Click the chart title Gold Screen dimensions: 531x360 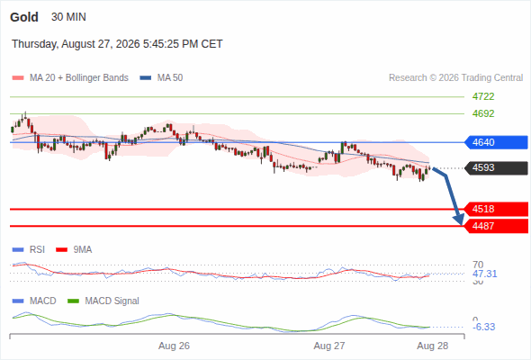tap(24, 17)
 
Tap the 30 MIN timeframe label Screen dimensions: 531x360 tap(68, 17)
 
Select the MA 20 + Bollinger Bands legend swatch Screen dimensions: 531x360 tap(18, 78)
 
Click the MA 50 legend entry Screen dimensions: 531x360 tap(161, 78)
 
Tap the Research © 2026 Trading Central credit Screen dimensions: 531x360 tap(455, 78)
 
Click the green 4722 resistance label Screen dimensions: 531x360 tap(483, 96)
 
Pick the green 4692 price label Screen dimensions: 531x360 tap(483, 113)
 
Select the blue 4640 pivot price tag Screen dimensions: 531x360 tap(496, 142)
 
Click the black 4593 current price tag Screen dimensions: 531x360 tap(496, 167)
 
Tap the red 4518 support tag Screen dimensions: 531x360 tap(496, 209)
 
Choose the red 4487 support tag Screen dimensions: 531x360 tap(496, 226)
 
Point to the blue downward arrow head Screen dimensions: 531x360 tap(459, 220)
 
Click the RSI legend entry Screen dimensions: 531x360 tap(29, 249)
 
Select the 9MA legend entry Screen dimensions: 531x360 tap(74, 249)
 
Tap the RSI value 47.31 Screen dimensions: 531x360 tap(484, 274)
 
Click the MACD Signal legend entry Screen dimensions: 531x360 tap(103, 301)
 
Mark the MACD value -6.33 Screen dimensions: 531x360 tap(483, 327)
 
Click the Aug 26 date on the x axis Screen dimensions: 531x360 tap(174, 346)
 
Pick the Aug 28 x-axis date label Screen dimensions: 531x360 tap(433, 346)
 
